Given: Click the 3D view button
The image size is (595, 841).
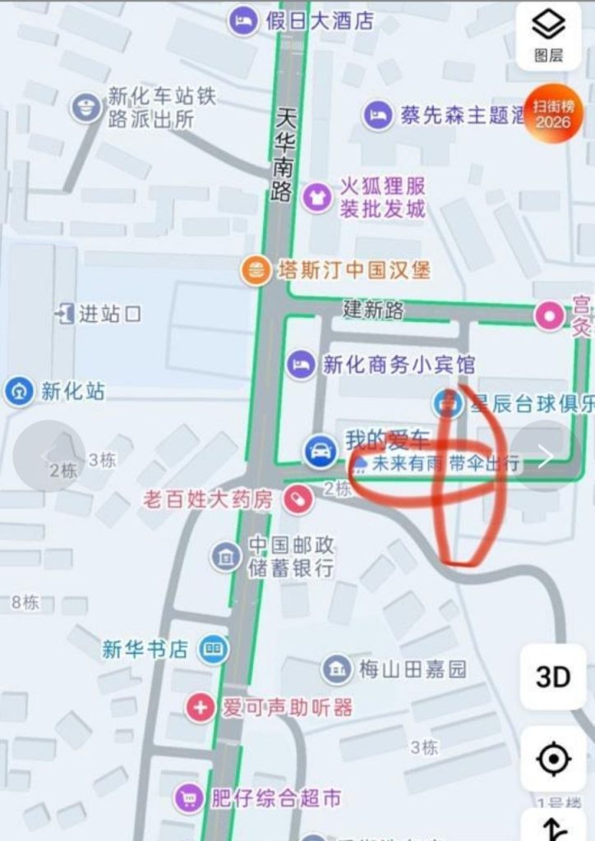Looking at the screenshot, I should tap(553, 677).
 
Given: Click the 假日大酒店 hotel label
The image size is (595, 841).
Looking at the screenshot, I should tap(320, 21).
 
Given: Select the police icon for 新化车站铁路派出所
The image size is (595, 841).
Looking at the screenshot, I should tap(85, 108).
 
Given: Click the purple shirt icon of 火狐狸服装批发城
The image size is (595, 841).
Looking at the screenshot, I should tap(316, 196).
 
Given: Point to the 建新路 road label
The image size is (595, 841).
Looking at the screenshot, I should tap(374, 310).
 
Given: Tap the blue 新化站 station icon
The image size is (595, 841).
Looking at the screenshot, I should tap(19, 391).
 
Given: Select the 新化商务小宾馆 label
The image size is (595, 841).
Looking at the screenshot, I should tap(399, 364).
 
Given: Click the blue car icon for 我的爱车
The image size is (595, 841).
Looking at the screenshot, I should tap(320, 450).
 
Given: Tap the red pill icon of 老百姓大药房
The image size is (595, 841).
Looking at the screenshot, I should tap(298, 499).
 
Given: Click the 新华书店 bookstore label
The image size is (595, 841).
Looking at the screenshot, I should tap(145, 650).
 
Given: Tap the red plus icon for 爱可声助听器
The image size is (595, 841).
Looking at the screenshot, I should tap(200, 706).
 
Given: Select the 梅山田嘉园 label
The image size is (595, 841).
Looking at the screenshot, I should tap(412, 669).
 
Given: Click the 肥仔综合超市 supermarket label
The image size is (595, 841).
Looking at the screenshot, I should tap(275, 797).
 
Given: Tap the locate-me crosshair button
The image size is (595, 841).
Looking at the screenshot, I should tap(553, 759).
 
